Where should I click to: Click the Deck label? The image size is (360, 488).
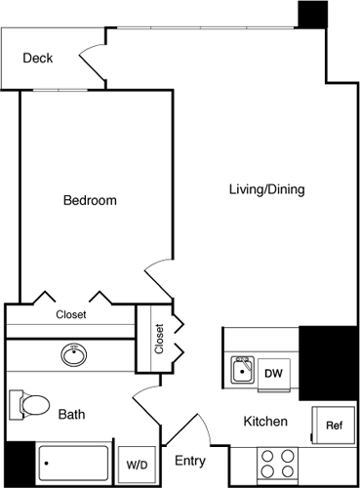[37, 59]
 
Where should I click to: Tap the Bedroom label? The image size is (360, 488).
[90, 201]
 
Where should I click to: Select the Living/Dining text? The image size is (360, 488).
[266, 189]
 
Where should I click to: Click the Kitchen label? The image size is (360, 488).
[265, 423]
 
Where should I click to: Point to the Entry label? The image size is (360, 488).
[189, 460]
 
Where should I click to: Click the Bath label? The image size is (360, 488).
[71, 415]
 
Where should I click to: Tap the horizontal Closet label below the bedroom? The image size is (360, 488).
[70, 314]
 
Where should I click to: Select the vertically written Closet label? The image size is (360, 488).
[159, 339]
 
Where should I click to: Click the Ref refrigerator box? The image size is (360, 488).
[334, 426]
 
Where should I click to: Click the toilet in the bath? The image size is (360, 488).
[29, 403]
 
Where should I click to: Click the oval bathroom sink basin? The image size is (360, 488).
[74, 352]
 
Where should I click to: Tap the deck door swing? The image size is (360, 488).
[95, 61]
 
